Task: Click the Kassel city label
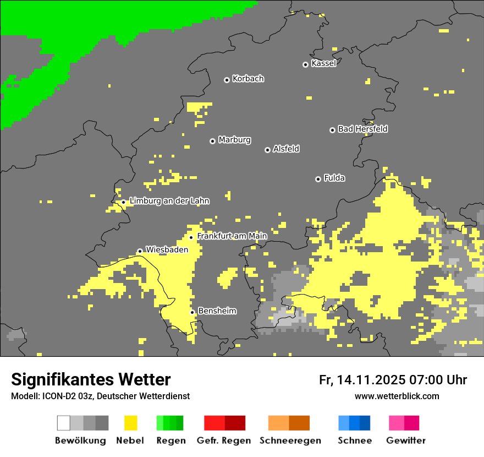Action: pos(323,63)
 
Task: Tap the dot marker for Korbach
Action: pos(227,80)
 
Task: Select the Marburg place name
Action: pos(234,140)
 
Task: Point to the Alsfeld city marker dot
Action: pos(267,150)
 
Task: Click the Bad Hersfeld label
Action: pos(362,129)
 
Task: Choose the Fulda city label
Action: pos(334,178)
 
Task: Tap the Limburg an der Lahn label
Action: pos(169,201)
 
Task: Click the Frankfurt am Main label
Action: pos(232,236)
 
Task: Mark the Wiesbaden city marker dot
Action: pos(140,251)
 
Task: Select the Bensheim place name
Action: pos(217,311)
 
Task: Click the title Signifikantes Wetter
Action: pos(91,379)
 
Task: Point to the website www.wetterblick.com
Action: pos(397,396)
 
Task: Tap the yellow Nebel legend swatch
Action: pos(130,423)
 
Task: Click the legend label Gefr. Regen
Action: pos(224,440)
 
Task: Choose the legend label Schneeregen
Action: pos(290,440)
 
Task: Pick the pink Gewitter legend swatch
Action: pos(404,423)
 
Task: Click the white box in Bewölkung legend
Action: pos(64,423)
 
